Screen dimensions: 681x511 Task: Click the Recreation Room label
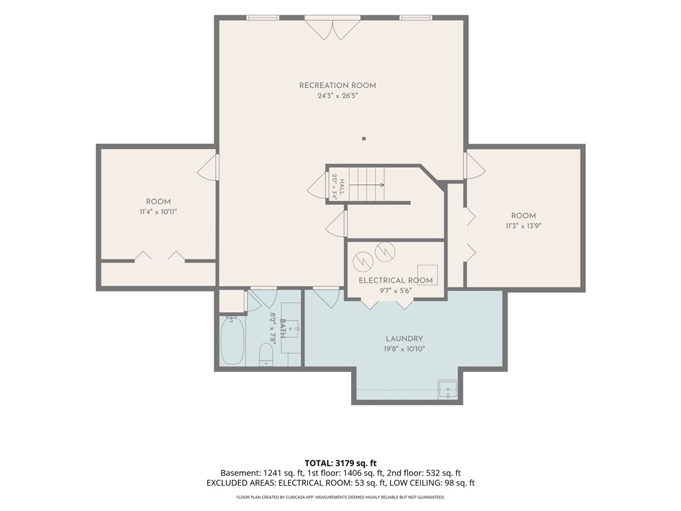337,86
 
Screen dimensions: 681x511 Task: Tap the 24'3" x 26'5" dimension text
337,96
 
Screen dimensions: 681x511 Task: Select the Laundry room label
404,339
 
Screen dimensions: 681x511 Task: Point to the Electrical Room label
396,281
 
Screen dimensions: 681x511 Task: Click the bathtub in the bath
232,340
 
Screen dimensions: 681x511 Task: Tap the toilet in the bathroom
266,355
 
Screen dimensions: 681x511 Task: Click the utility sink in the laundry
448,389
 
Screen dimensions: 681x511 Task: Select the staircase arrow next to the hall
367,185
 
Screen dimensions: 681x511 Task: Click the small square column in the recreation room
364,139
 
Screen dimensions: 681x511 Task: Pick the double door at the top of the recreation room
333,29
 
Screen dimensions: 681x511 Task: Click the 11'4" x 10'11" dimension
158,212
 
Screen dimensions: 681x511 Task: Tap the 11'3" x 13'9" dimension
523,226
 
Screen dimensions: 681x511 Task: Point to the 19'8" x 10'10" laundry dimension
404,349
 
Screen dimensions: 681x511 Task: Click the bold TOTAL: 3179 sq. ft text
337,463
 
